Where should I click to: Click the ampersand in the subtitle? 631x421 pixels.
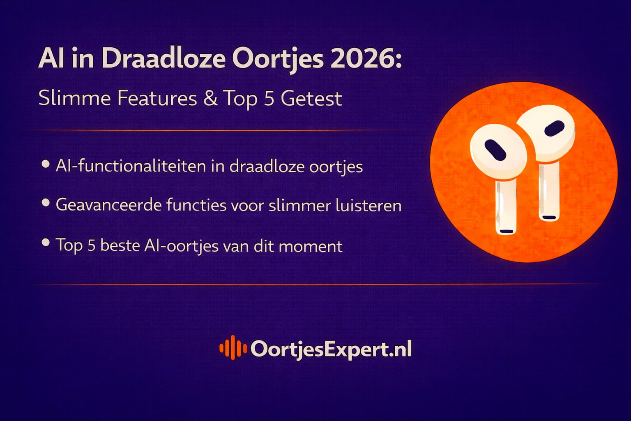tap(210, 99)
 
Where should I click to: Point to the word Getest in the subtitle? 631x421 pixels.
tap(311, 99)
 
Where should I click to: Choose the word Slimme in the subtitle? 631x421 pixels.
tap(74, 99)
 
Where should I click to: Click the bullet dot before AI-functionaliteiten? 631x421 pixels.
tap(46, 164)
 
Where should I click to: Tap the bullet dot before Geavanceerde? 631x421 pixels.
tap(46, 203)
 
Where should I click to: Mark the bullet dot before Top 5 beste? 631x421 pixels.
tap(46, 243)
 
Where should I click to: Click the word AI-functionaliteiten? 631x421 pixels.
tap(131, 167)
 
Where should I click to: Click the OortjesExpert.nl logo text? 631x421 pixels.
tap(331, 349)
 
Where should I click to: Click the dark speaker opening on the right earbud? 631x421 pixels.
tap(554, 129)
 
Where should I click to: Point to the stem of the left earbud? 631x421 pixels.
tap(505, 208)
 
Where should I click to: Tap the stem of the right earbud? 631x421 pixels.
tap(549, 191)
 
